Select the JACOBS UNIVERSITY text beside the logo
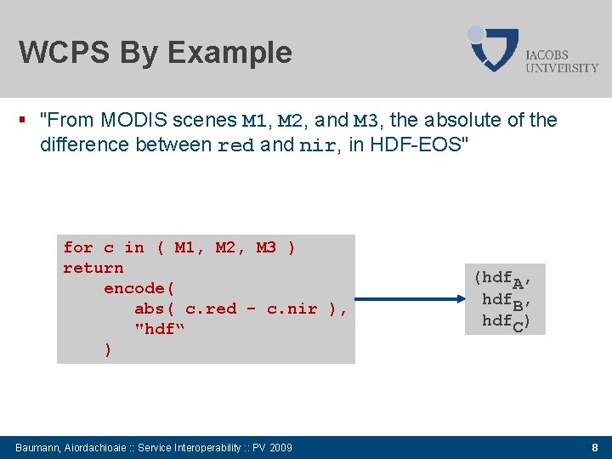coord(562,60)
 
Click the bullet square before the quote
coord(30,120)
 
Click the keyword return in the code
coord(93,268)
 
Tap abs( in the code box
coord(155,309)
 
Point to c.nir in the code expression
coord(292,309)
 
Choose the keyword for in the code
coord(78,247)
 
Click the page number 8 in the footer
coord(595,447)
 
